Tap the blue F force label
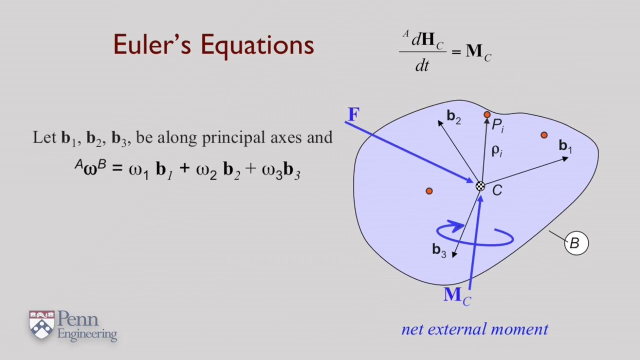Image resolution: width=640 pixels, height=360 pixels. coord(353,115)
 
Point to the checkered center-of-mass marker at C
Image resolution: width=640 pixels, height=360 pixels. coord(480,186)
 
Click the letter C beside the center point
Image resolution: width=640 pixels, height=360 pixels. coord(496,190)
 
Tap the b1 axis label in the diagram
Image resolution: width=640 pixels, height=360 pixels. coord(565,146)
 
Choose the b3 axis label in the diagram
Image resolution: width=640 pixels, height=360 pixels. coord(438,250)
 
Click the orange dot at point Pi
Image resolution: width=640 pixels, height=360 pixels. coord(487,115)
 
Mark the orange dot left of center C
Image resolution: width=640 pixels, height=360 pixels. coord(429,191)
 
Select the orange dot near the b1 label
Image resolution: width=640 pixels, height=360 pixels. coord(544,135)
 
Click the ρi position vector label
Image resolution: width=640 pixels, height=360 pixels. coord(496,150)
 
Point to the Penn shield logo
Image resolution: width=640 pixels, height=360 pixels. coord(41,324)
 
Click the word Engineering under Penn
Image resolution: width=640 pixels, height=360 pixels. coord(87,334)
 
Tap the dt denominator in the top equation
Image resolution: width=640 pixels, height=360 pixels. coord(422,66)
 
